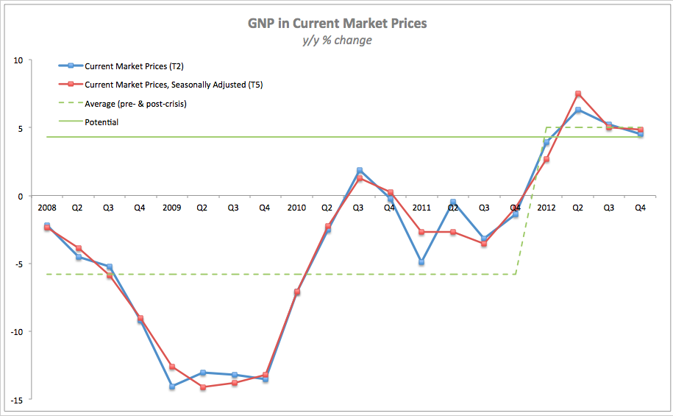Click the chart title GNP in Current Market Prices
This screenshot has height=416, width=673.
tap(337, 24)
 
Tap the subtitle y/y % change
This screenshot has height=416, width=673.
tap(337, 40)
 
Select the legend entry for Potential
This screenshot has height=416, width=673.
tap(102, 122)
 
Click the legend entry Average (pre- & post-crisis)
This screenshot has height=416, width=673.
tap(135, 104)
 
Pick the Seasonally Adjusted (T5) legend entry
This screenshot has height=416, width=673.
tap(174, 85)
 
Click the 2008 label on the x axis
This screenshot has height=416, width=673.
tap(46, 208)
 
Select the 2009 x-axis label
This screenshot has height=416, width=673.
tap(171, 208)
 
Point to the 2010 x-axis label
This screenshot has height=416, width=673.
tap(296, 208)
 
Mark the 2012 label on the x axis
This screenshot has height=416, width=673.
tap(546, 208)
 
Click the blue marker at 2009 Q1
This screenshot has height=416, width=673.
tap(171, 387)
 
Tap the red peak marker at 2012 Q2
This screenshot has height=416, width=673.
tap(578, 94)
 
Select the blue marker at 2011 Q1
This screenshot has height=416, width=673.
tap(421, 262)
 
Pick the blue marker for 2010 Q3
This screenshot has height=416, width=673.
tap(359, 170)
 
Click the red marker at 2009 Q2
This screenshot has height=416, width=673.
tap(203, 387)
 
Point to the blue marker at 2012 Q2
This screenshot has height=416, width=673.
tap(578, 110)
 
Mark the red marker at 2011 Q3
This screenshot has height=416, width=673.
tap(484, 244)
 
